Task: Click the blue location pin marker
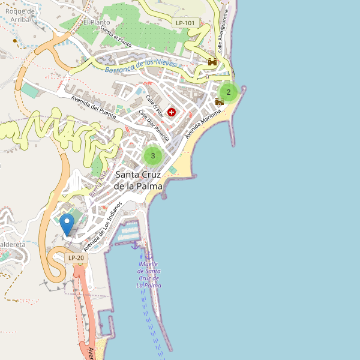67,224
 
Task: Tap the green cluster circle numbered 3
153,156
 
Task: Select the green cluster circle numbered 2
229,92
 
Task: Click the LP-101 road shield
185,23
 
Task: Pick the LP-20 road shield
76,258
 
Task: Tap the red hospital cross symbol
172,112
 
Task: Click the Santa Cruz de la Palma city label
139,180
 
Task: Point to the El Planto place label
95,22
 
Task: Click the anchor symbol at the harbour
135,244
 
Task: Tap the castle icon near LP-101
212,61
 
